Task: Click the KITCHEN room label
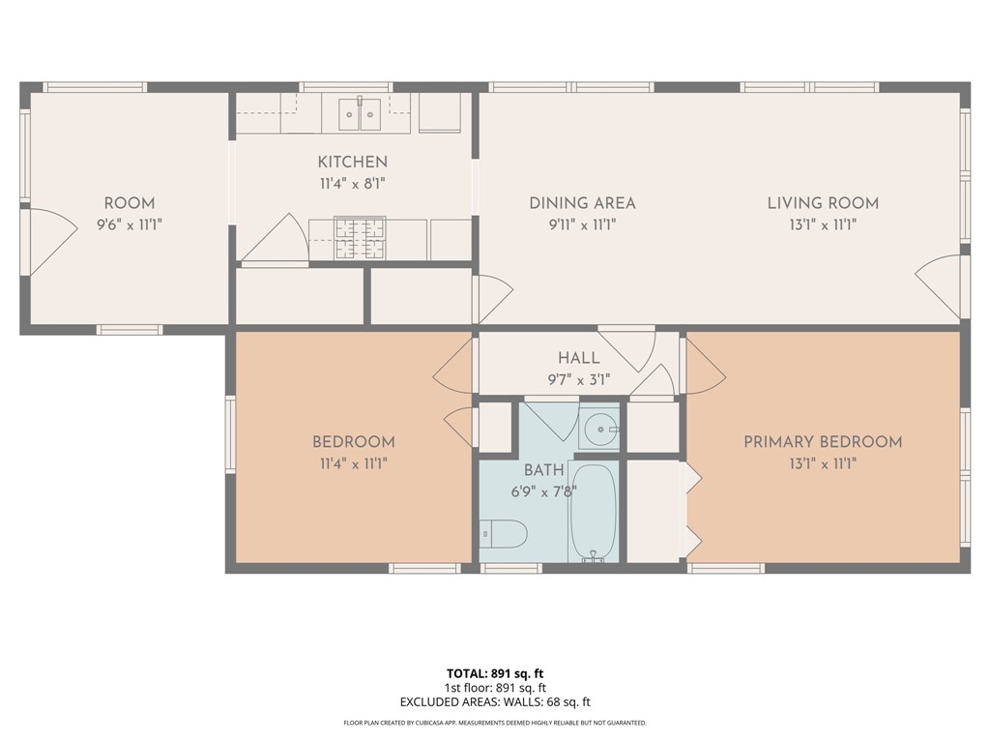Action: [x=353, y=162]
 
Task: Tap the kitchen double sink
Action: [x=360, y=114]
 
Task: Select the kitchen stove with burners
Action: [x=360, y=238]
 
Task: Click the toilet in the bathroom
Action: [x=504, y=533]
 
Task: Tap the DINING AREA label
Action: [x=582, y=203]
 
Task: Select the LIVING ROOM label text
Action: [x=823, y=203]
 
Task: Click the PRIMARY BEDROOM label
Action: [x=823, y=442]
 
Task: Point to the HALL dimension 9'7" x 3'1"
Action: [x=578, y=379]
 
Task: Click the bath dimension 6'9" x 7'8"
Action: [x=543, y=491]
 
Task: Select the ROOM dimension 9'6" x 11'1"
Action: [x=130, y=224]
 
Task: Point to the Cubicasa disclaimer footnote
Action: [x=495, y=723]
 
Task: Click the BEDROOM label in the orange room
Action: [x=353, y=442]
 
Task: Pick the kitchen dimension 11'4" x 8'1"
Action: [x=353, y=182]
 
